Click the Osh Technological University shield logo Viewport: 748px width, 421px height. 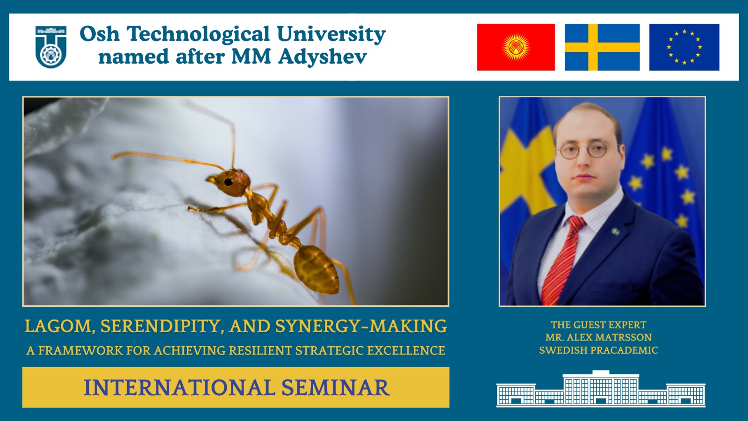coord(51,47)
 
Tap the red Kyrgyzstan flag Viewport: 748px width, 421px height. coord(516,47)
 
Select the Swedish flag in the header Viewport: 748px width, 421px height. coord(602,47)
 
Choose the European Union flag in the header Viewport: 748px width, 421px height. coord(684,47)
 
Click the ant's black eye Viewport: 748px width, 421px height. coord(229,182)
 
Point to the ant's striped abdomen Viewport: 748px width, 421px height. coord(316,269)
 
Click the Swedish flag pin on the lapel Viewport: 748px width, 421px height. coord(615,231)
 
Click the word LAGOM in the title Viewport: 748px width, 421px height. coord(58,327)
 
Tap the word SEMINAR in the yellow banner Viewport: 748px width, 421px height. coord(335,388)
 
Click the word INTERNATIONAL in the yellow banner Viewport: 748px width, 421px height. coord(179,388)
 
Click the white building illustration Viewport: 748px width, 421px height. coord(601,389)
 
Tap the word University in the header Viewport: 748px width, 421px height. coord(331,35)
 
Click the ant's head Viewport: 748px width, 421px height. coord(231,182)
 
